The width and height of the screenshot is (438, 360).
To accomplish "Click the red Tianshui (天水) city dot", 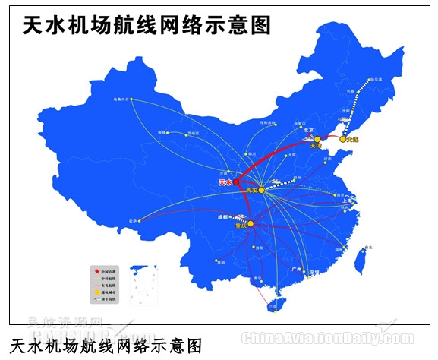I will [236, 182].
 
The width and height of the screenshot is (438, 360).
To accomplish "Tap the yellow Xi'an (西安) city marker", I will [261, 190].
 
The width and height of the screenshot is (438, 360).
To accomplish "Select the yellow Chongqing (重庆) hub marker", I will [251, 223].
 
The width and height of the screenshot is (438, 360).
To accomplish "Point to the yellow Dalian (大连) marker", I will [343, 140].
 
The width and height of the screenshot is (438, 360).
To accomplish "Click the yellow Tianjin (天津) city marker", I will [317, 139].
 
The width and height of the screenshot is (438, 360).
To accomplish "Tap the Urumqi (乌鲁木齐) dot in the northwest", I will [130, 100].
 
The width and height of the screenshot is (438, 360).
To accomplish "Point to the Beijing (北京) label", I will [308, 130].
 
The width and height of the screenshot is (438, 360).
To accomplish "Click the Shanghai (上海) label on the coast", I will [350, 201].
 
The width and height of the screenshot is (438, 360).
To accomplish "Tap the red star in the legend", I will [96, 271].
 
